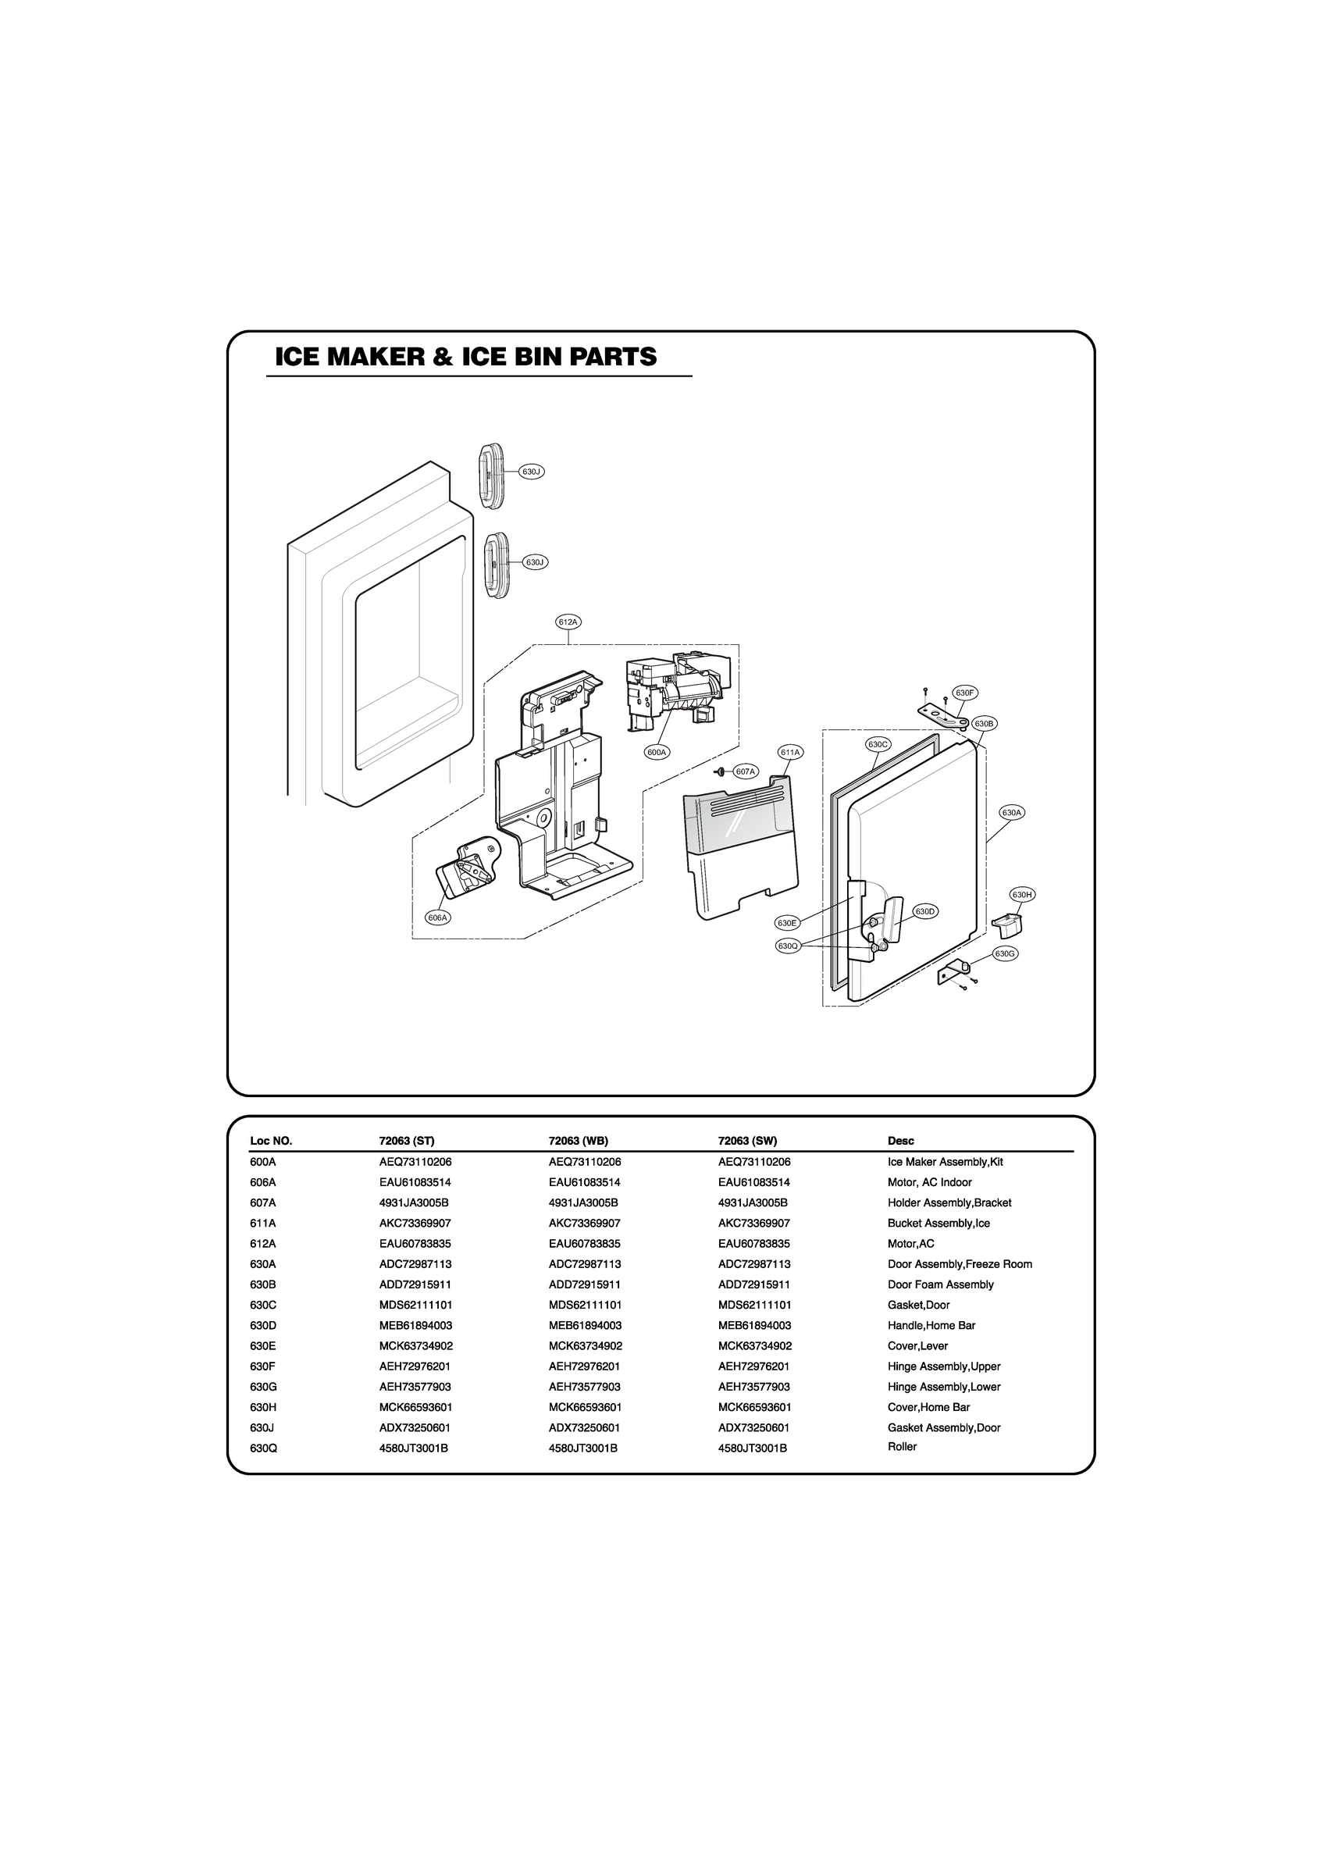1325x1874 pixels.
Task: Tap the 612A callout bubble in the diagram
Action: coord(568,622)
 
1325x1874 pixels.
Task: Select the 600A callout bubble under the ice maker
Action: coord(657,752)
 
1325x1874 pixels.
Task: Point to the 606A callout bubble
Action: coord(438,917)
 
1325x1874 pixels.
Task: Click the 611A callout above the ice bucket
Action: coord(790,752)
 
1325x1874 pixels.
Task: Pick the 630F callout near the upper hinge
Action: coord(965,693)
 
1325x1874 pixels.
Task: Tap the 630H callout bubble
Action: coord(1022,895)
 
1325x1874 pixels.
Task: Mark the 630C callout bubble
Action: coord(878,744)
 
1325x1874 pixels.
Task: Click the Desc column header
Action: coord(900,1141)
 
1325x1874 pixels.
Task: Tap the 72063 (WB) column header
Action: coord(578,1141)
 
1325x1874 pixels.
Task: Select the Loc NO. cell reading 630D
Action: coord(263,1326)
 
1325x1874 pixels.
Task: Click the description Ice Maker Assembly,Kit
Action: coord(945,1161)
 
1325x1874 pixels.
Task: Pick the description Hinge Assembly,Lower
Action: coord(944,1387)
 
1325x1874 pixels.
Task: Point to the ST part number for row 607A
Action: coord(414,1202)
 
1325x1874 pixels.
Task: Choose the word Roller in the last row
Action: coord(902,1446)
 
